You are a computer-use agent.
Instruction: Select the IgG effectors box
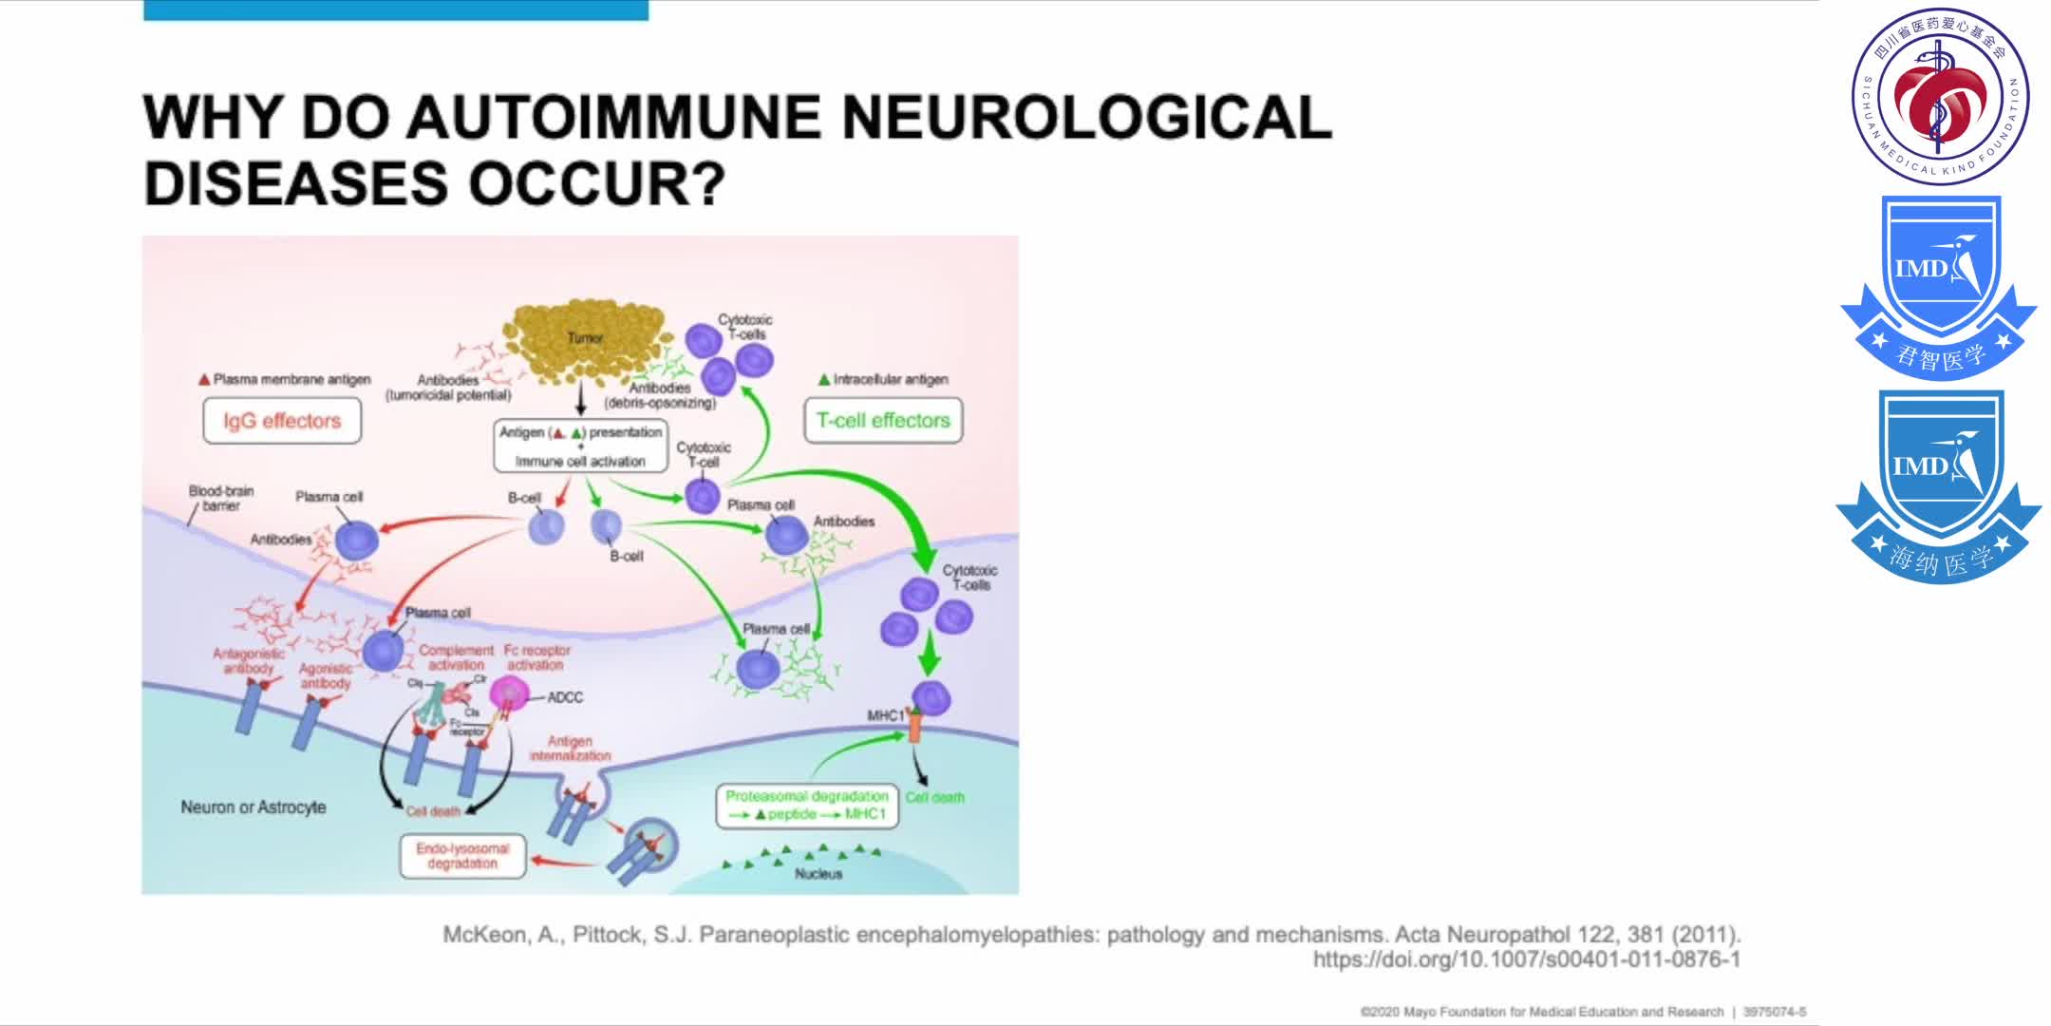click(x=282, y=421)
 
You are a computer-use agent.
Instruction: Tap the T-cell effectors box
click(x=883, y=420)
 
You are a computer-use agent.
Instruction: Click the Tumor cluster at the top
click(x=584, y=340)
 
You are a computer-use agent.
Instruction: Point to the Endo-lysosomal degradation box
click(x=462, y=856)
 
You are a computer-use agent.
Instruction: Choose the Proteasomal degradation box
click(x=806, y=806)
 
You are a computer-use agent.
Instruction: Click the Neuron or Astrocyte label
click(x=254, y=807)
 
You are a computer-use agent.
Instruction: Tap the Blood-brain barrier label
click(x=221, y=498)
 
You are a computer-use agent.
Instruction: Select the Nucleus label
click(x=819, y=874)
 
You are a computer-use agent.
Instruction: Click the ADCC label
click(x=565, y=697)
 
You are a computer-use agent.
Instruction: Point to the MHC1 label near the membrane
click(x=885, y=715)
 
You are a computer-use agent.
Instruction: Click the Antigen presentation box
click(x=580, y=446)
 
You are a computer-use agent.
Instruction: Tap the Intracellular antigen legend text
click(x=890, y=379)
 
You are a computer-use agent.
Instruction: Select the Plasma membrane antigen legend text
click(x=292, y=379)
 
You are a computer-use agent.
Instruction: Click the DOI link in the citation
click(x=1526, y=959)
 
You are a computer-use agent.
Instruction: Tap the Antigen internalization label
click(x=570, y=749)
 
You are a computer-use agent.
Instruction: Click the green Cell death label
click(x=934, y=798)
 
